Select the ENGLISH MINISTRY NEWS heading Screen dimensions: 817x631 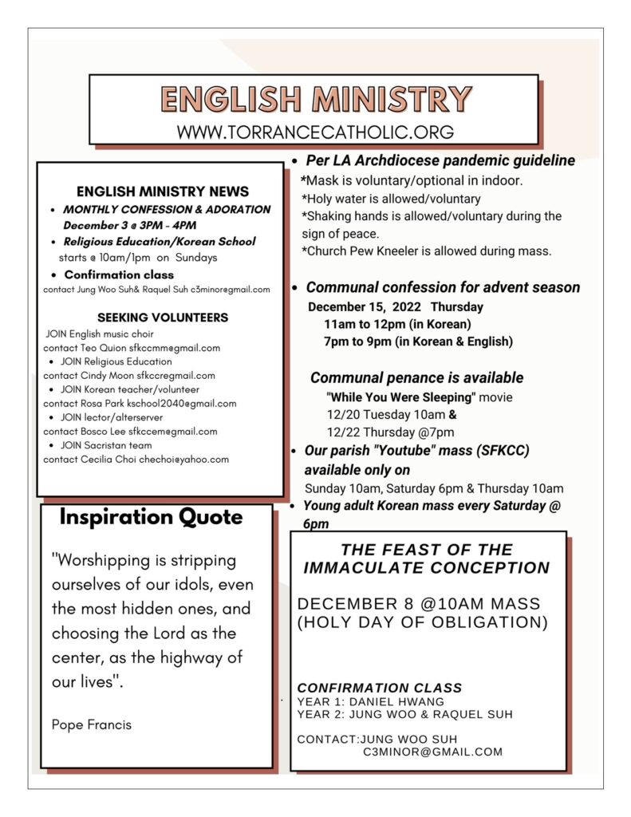pyautogui.click(x=163, y=191)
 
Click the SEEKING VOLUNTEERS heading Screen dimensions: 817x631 pyautogui.click(x=163, y=318)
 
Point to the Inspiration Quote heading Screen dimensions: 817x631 pyautogui.click(x=151, y=517)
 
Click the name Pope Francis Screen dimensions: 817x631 pyautogui.click(x=92, y=724)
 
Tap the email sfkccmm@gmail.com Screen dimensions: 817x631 pyautogui.click(x=175, y=348)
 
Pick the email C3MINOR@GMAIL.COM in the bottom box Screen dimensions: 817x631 pyautogui.click(x=432, y=752)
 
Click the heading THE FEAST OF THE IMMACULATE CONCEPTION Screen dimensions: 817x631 pyautogui.click(x=426, y=558)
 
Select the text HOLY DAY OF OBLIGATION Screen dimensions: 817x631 pyautogui.click(x=422, y=622)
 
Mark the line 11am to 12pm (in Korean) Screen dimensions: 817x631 pyautogui.click(x=397, y=324)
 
